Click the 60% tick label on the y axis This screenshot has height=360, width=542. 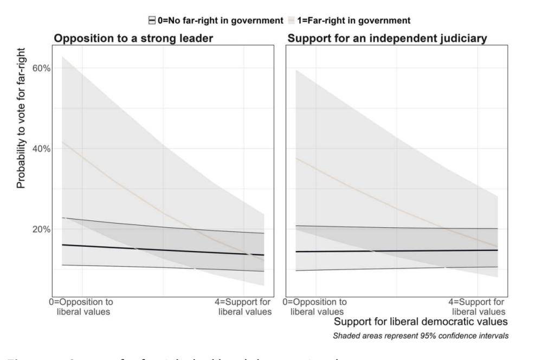click(41, 68)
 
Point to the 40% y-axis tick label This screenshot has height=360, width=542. click(41, 149)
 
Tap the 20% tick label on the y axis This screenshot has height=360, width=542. click(41, 229)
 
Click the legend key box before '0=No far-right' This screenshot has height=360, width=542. click(152, 20)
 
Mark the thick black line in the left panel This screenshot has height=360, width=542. click(163, 250)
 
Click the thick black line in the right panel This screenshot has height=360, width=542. click(396, 250)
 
